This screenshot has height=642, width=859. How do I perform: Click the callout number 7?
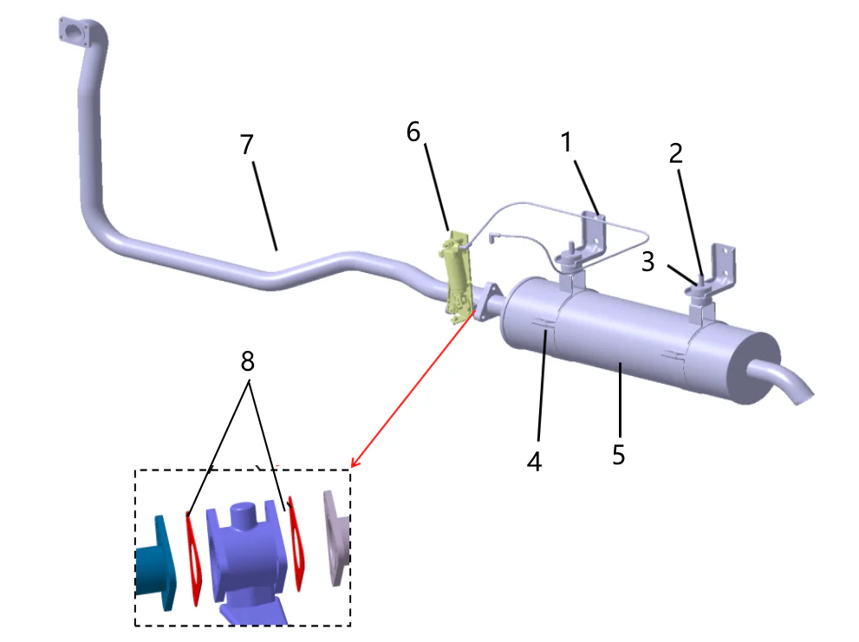(x=247, y=146)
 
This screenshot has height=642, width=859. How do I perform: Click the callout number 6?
(x=413, y=132)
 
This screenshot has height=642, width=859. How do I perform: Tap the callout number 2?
(x=675, y=154)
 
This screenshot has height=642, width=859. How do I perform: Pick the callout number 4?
(x=534, y=461)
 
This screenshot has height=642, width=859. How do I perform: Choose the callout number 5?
(x=618, y=454)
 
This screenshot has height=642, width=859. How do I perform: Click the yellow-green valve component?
(x=457, y=273)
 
